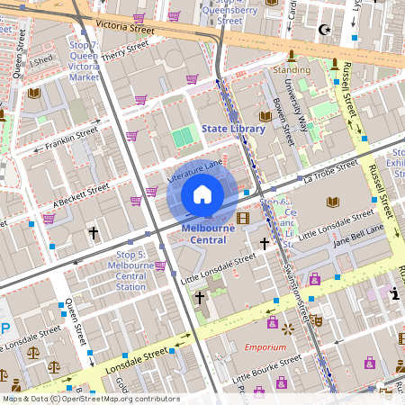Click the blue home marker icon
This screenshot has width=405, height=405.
[202, 194]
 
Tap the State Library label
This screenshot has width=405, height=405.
[233, 129]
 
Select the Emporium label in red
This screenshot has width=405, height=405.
[265, 346]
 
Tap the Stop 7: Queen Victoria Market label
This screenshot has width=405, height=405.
[84, 61]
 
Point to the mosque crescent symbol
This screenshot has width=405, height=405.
[325, 30]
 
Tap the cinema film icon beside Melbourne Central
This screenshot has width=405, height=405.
[242, 218]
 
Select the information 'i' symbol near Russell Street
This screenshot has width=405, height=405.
[395, 292]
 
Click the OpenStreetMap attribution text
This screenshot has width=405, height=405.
[91, 399]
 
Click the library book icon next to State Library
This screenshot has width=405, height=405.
[265, 116]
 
